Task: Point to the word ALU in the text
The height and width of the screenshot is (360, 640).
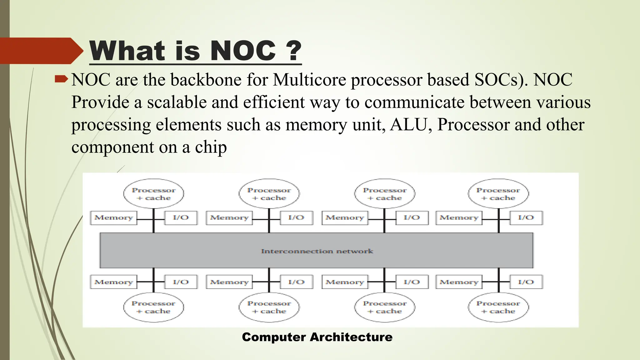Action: pyautogui.click(x=409, y=125)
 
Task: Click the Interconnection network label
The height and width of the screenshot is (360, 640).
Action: pyautogui.click(x=317, y=251)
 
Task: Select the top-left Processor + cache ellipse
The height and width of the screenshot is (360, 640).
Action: pyautogui.click(x=153, y=194)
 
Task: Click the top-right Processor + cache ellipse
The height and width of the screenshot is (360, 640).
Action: pyautogui.click(x=498, y=194)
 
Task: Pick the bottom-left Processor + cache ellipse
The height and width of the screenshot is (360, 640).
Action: pyautogui.click(x=153, y=307)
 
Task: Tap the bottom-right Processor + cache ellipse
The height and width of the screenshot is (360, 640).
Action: pyautogui.click(x=498, y=307)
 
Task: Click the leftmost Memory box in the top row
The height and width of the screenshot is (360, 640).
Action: pyautogui.click(x=114, y=218)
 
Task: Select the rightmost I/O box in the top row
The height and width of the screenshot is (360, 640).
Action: pyautogui.click(x=526, y=218)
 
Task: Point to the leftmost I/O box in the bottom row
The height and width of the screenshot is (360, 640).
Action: pyautogui.click(x=181, y=282)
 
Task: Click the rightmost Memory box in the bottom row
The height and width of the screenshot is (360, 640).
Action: pyautogui.click(x=459, y=282)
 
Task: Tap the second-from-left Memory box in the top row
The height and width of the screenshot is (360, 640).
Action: pyautogui.click(x=229, y=218)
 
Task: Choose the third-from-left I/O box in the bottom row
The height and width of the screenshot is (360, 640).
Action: pyautogui.click(x=412, y=282)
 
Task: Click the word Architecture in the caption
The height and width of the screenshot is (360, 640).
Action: pyautogui.click(x=351, y=337)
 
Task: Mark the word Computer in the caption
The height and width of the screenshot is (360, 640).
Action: pyautogui.click(x=274, y=337)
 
